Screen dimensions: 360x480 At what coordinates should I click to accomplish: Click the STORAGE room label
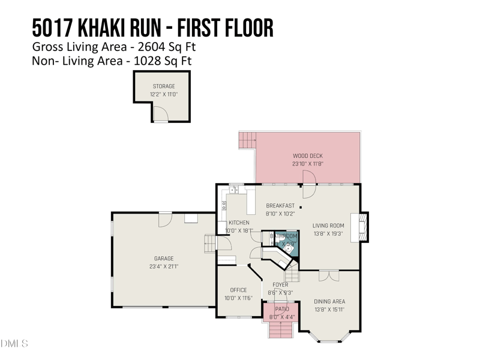point(163,86)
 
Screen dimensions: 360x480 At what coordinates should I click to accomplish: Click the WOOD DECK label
point(308,155)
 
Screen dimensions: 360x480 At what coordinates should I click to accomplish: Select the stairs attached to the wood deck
point(247,141)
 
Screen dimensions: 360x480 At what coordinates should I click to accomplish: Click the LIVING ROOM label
point(328,226)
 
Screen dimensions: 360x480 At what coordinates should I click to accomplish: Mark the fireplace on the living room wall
point(362,227)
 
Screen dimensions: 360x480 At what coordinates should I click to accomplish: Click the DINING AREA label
point(329,301)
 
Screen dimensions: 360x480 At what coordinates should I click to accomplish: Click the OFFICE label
point(238,290)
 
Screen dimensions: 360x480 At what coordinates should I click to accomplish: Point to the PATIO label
point(282,309)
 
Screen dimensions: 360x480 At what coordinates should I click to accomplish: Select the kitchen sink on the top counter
point(234,191)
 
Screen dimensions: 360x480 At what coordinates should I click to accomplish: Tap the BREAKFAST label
point(280,205)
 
